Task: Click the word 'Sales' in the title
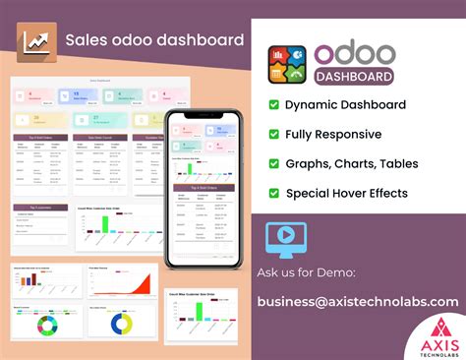tap(84, 40)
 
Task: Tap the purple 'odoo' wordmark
tap(355, 53)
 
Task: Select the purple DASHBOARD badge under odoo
tap(355, 76)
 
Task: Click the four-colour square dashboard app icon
tap(287, 64)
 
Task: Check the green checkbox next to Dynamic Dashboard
tap(274, 104)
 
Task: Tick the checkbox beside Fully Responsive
tap(274, 134)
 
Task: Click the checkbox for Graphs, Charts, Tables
tap(274, 163)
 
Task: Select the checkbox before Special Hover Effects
tap(274, 193)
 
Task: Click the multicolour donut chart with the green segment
tap(43, 324)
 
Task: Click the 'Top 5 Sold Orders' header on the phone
tap(204, 186)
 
